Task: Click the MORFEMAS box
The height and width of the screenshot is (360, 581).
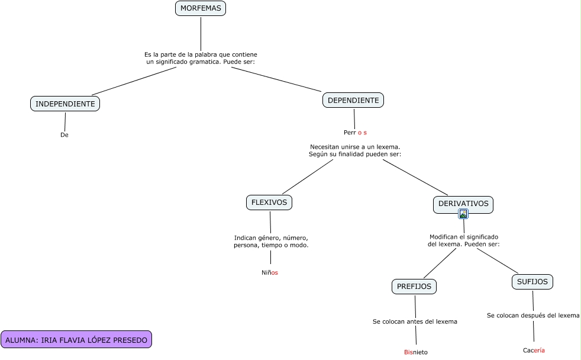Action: point(201,8)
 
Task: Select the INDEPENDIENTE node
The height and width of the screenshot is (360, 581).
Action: point(65,104)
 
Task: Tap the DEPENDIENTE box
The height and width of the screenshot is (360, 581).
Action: point(353,100)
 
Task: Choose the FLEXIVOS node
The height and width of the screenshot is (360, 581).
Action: point(269,202)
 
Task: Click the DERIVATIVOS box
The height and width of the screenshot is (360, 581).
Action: point(463,204)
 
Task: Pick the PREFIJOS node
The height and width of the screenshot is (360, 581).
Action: point(414,287)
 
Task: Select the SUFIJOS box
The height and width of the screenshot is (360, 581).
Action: point(532,282)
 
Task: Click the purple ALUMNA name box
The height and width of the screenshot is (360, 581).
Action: point(76,340)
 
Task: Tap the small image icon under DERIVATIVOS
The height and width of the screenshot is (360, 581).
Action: point(463,214)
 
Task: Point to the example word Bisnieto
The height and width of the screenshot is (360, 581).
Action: point(416,352)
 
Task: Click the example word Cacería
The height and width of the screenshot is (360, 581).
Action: point(534,351)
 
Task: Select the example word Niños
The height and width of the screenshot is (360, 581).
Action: point(270,273)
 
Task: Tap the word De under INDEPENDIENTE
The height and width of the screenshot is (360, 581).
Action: point(64,135)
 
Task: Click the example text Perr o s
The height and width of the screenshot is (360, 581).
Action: point(355,133)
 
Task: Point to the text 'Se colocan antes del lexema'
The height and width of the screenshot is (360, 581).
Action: point(415,322)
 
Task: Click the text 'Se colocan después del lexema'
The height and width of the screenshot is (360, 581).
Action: point(533,316)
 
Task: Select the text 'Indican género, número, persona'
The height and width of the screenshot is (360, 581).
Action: point(271,241)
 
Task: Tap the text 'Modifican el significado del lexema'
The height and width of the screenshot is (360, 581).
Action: point(464,240)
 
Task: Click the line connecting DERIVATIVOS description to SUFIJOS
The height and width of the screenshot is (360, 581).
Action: point(498,260)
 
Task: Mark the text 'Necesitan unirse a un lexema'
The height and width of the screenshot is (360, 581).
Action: point(355,150)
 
